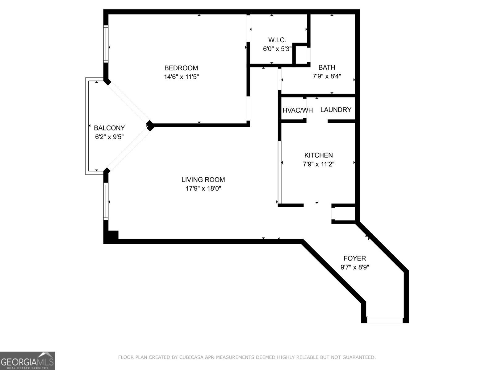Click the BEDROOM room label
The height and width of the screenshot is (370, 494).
click(181, 68)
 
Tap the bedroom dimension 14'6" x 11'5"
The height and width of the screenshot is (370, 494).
click(181, 77)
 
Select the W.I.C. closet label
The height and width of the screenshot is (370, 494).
click(277, 40)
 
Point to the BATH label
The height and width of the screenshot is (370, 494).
click(327, 67)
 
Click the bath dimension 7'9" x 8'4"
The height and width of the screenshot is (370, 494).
click(327, 76)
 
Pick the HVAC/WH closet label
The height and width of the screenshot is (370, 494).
click(298, 110)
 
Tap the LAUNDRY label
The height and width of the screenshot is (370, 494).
click(336, 110)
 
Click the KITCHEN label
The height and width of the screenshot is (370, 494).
click(318, 155)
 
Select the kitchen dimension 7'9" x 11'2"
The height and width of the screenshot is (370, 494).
click(318, 164)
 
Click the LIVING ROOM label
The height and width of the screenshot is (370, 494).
click(203, 179)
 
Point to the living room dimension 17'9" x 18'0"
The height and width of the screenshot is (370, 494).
click(203, 188)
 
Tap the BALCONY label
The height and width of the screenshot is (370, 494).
click(109, 128)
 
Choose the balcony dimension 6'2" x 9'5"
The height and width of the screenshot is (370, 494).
click(109, 137)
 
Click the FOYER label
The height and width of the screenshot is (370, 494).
click(354, 258)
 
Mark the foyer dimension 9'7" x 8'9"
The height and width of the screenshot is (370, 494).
click(354, 267)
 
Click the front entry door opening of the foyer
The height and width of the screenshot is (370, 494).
click(385, 321)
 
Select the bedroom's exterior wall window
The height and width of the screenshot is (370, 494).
click(106, 44)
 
